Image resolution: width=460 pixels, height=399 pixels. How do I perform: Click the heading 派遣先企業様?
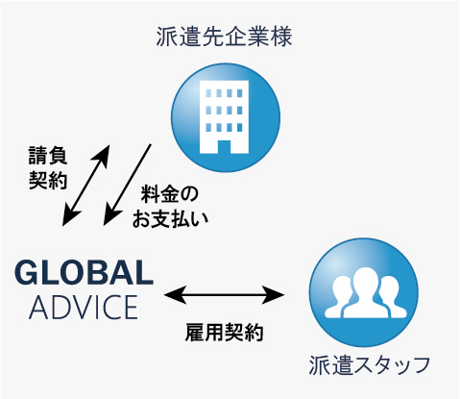[224, 37]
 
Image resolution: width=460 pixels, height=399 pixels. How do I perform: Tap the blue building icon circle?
[226, 117]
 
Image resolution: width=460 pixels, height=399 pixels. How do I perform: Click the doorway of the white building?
[224, 147]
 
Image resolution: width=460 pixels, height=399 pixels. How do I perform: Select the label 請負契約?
[48, 167]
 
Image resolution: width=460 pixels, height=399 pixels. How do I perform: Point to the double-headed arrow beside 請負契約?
[85, 186]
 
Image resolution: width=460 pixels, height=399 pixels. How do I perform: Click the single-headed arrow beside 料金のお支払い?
[127, 185]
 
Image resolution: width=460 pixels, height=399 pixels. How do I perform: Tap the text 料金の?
[170, 194]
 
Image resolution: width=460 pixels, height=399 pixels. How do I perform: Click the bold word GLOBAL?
[84, 272]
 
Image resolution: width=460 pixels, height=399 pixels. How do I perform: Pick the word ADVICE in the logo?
[84, 307]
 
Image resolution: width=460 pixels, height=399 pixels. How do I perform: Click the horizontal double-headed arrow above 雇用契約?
[224, 294]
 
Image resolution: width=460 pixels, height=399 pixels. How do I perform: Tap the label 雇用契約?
[224, 332]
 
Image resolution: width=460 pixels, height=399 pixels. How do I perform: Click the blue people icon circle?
[364, 292]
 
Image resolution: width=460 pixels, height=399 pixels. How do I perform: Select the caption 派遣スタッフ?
[369, 365]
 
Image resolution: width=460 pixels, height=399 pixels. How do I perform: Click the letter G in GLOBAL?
[26, 272]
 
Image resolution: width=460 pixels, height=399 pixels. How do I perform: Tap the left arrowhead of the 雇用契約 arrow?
[175, 294]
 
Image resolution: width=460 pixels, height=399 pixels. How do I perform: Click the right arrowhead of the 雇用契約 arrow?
[274, 294]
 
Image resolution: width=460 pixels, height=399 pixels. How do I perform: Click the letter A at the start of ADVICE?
[38, 308]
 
